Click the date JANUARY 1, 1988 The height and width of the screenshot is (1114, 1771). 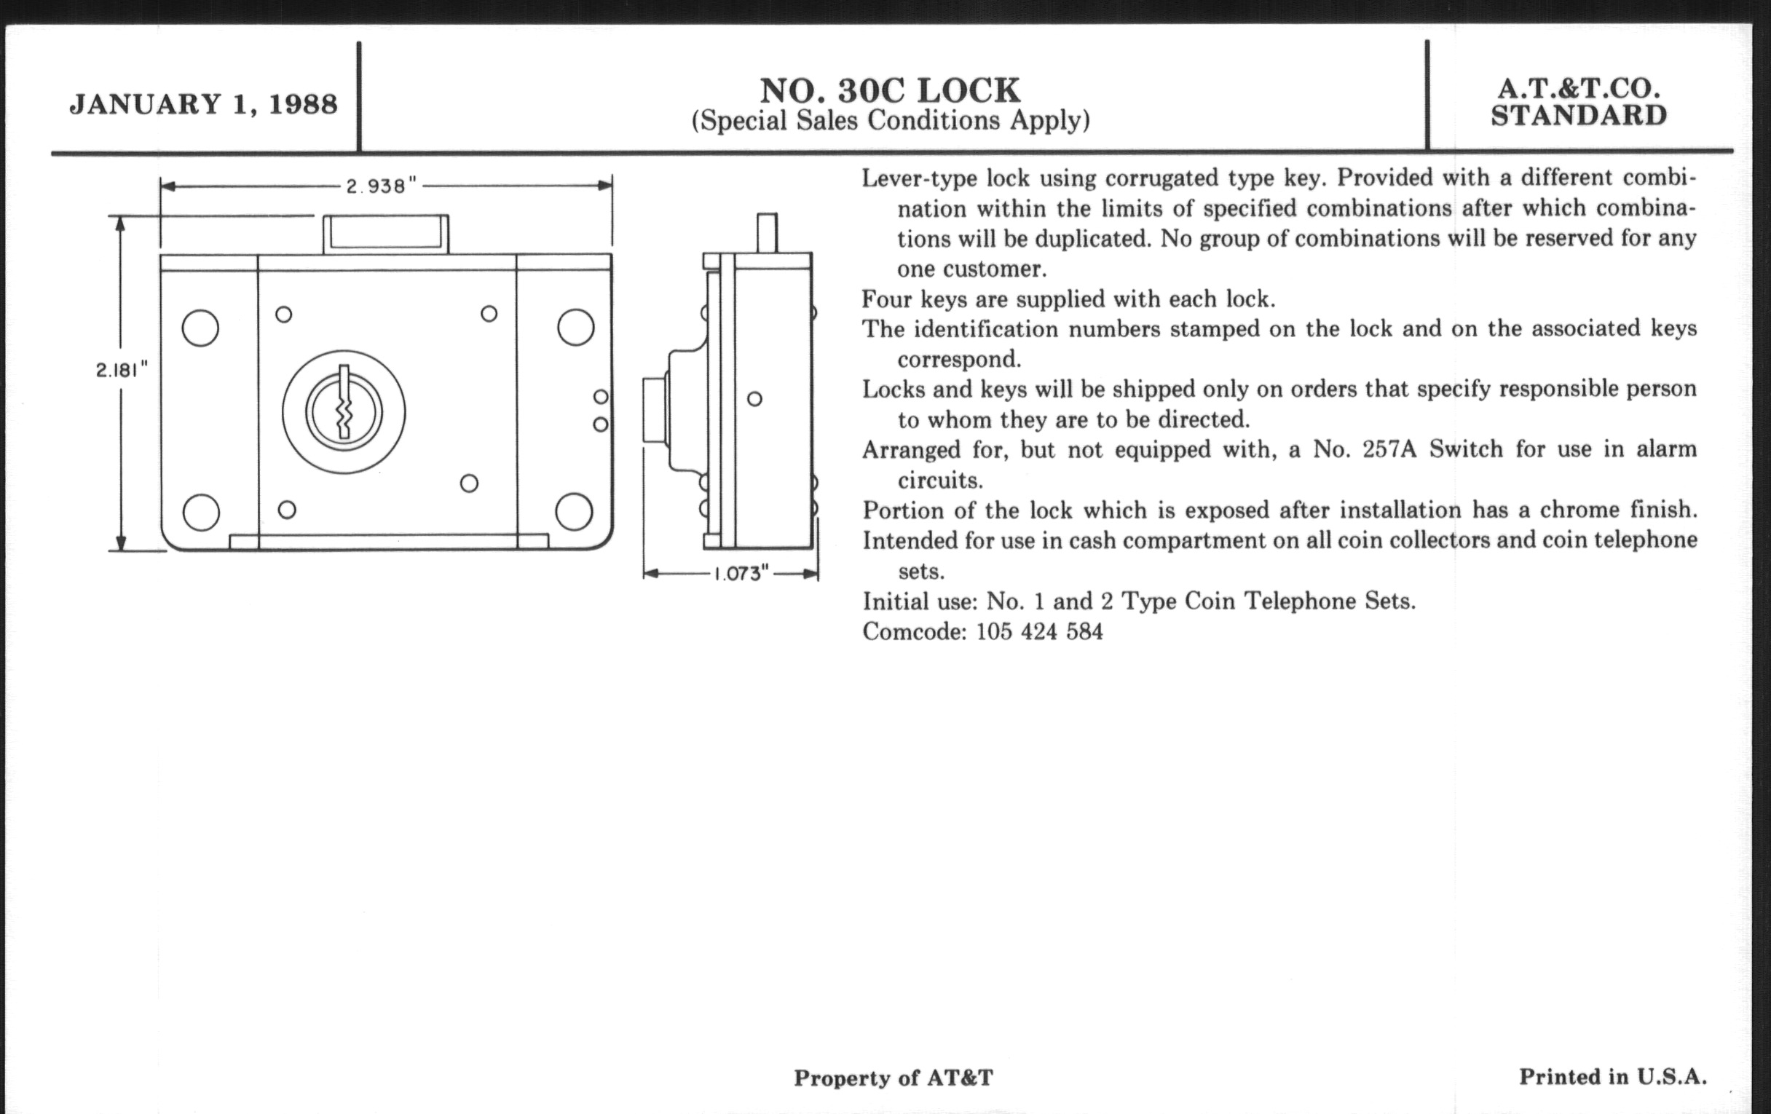point(204,104)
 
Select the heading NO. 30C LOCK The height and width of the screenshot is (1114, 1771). point(890,90)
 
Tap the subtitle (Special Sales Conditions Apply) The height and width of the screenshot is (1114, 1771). point(890,121)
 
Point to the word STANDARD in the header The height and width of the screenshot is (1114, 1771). point(1579,116)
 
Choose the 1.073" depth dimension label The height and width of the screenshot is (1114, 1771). point(741,574)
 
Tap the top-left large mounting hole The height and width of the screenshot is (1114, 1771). point(200,328)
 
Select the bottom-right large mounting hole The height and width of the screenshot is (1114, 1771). point(575,512)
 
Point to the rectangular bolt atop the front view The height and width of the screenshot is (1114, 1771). point(386,234)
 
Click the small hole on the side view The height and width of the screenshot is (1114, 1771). point(754,398)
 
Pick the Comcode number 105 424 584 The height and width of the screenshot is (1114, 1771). point(1039,632)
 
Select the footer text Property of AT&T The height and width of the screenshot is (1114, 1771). point(893,1078)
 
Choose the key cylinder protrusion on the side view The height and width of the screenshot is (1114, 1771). point(654,410)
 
